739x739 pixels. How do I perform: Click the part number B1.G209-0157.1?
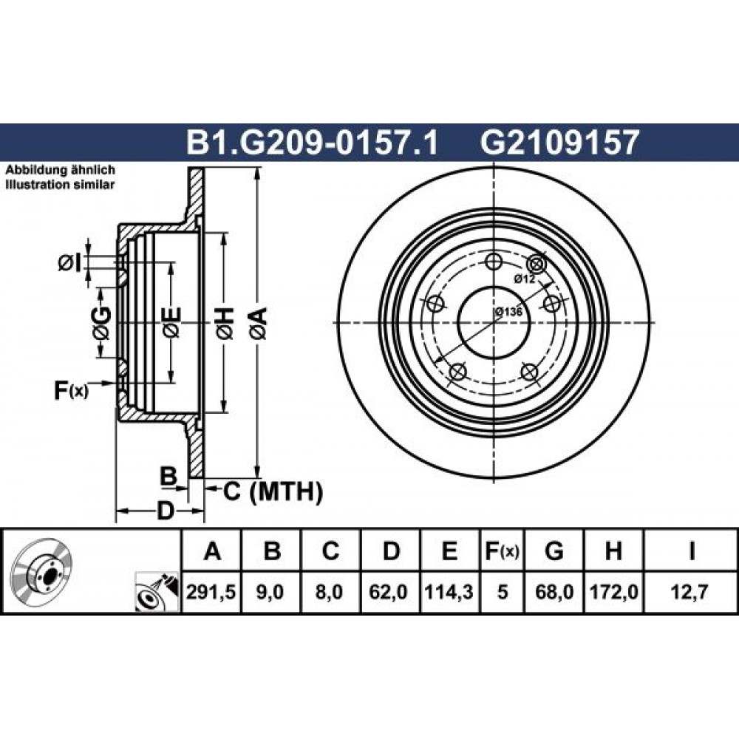coord(313,143)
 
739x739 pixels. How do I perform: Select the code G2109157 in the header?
coord(559,143)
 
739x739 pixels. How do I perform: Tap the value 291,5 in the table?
coord(211,592)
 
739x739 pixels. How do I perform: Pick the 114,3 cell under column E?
coord(449,592)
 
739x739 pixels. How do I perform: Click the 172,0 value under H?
coord(613,592)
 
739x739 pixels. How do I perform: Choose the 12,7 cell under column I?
coord(691,592)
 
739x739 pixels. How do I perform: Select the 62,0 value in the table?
coord(390,592)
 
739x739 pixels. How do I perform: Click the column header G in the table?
coord(554,551)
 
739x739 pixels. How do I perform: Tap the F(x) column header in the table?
coord(502,551)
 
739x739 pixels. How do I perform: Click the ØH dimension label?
coord(225,324)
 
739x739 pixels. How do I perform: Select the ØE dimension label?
coord(171,324)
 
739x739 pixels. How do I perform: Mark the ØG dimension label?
coord(102,324)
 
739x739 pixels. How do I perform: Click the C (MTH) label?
coord(273,491)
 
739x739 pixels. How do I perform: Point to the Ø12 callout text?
coord(525,279)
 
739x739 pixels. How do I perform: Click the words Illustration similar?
coord(60,184)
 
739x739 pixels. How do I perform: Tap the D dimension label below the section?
coord(166,511)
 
